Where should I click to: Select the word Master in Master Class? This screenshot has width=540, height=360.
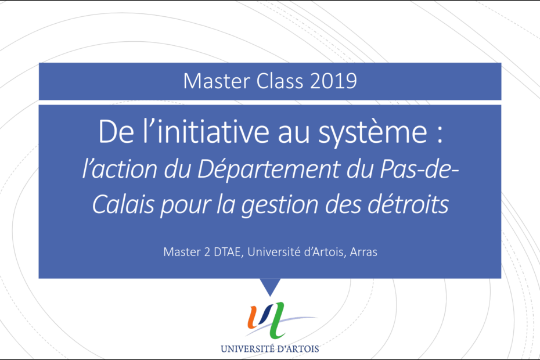[x=217, y=81]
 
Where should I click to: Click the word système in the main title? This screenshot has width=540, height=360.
[x=373, y=132]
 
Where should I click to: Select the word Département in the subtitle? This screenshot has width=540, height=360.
[x=269, y=170]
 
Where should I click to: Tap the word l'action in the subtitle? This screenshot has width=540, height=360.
[x=120, y=169]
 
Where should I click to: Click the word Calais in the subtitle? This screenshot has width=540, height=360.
[x=123, y=204]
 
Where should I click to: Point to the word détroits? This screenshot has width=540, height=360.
[x=408, y=204]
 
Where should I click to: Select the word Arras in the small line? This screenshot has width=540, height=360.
[x=363, y=252]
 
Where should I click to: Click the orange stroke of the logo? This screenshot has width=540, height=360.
[x=255, y=316]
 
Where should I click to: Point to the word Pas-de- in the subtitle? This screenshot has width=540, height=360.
[x=419, y=170]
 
